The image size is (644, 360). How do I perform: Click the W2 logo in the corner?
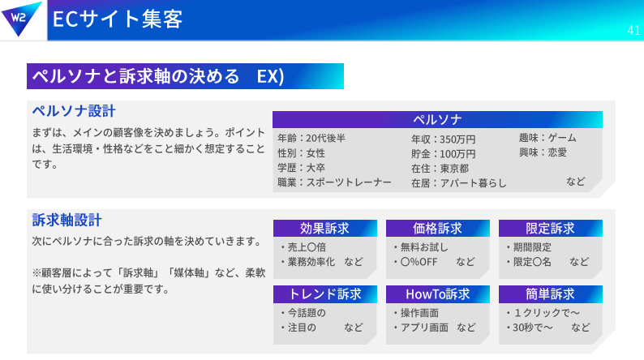coord(20,19)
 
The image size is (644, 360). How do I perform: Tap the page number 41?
coord(633,30)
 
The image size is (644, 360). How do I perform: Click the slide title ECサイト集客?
coord(118,19)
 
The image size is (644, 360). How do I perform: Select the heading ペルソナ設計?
coord(74,111)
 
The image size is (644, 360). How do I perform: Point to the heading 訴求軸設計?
coord(67,220)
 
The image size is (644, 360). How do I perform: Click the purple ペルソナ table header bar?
coord(437,119)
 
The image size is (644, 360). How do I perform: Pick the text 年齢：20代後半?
coord(311,139)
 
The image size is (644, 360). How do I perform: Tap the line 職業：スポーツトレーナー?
coord(334,182)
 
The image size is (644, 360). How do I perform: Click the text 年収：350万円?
coord(444,139)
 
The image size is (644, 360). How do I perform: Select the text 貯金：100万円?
coord(444,154)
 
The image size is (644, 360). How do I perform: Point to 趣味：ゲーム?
coord(547,138)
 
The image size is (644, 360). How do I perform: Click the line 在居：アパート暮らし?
coord(459,183)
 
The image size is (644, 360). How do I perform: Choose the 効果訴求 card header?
coord(325,228)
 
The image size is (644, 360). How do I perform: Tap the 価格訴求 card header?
coord(438,228)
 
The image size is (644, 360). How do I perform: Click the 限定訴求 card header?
coord(551,228)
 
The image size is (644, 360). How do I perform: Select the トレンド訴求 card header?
coord(325,294)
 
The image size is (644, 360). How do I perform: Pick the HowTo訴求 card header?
coord(438,294)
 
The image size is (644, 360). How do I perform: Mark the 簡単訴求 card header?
coord(551,294)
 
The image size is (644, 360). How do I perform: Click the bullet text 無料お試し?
coord(424,247)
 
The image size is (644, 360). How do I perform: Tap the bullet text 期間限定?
coord(532,247)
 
